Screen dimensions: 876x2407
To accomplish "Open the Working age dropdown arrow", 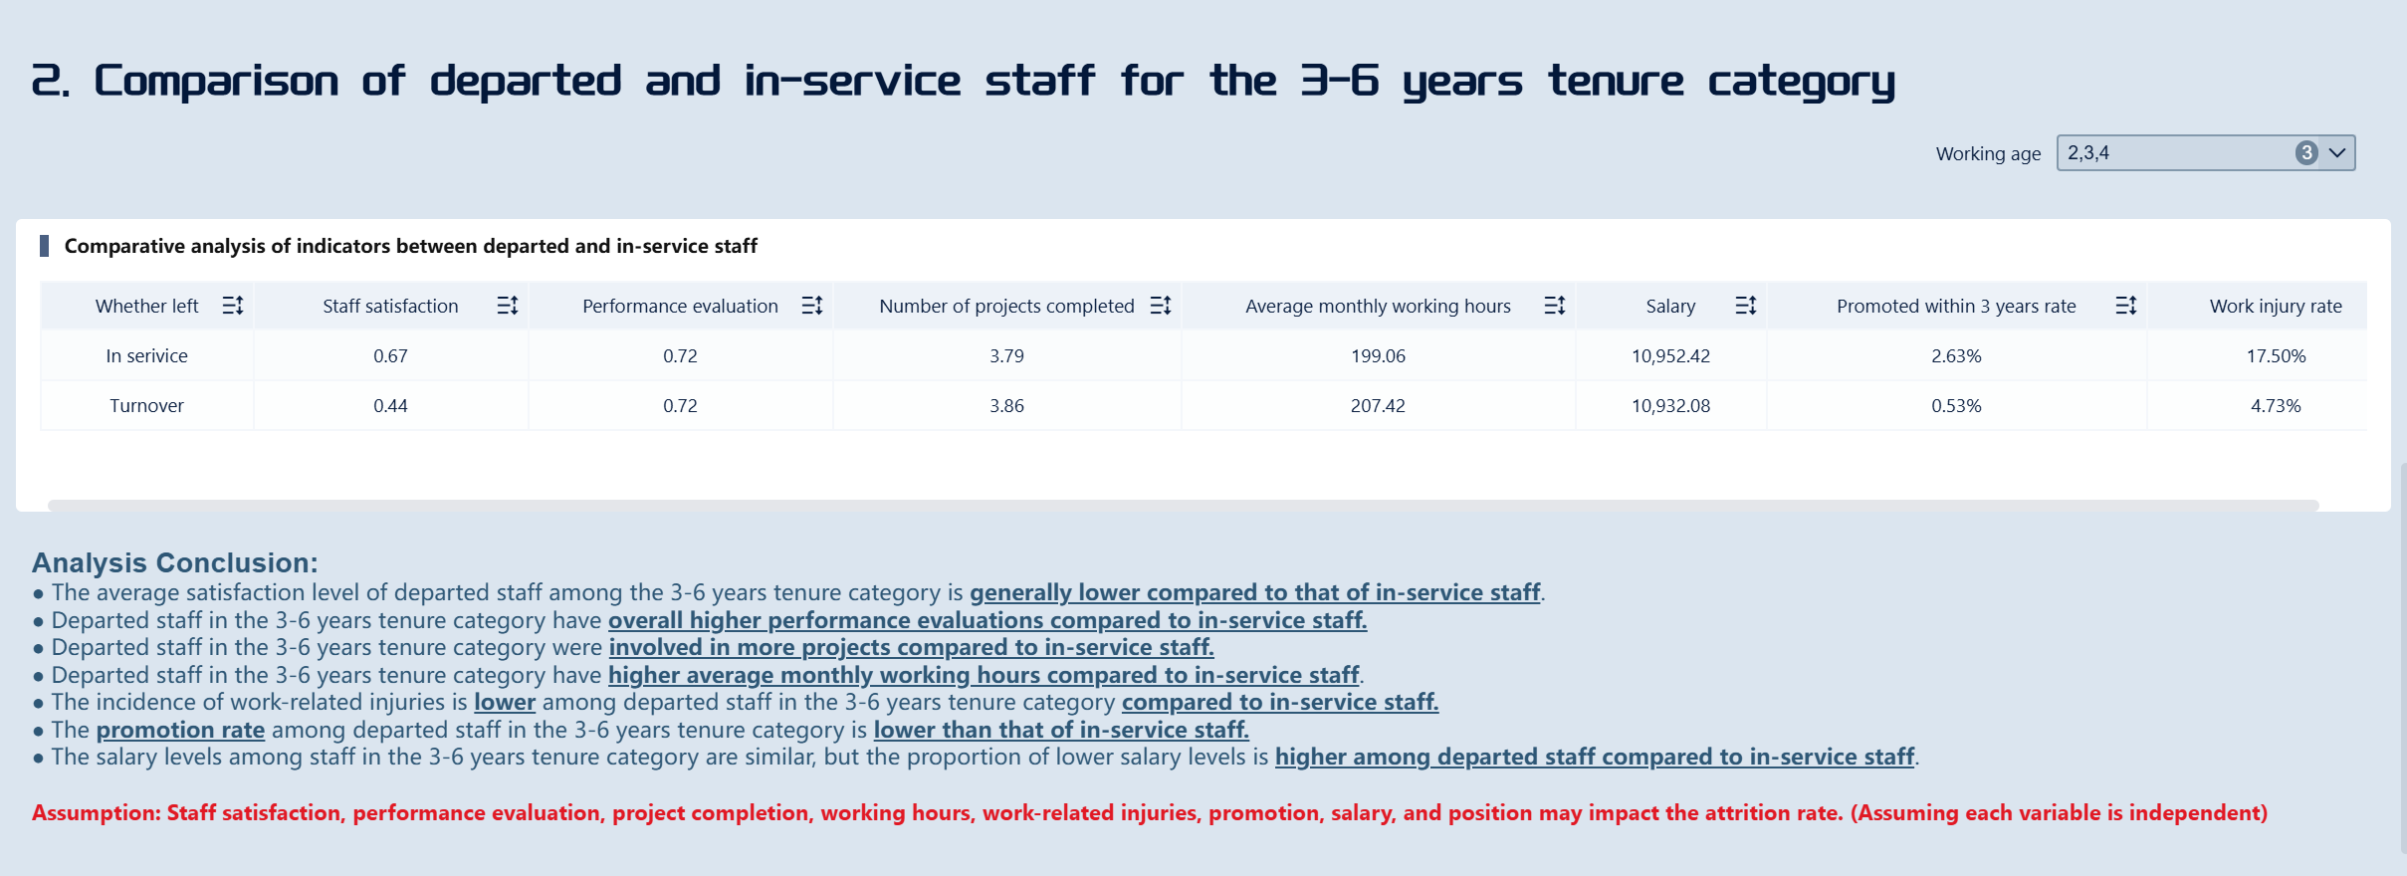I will [x=2337, y=153].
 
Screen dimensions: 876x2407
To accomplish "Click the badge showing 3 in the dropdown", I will [x=2305, y=153].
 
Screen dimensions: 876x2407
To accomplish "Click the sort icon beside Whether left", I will [x=233, y=306].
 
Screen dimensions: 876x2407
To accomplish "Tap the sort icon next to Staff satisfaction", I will [x=508, y=306].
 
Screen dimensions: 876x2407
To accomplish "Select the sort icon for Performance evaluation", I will [x=812, y=306].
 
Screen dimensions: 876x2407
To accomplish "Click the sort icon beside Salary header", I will [x=1746, y=306].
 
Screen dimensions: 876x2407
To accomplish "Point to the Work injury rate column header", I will [x=2275, y=307].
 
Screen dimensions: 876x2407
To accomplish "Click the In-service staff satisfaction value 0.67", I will [x=390, y=356].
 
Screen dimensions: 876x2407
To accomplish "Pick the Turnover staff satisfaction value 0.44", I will [x=390, y=406].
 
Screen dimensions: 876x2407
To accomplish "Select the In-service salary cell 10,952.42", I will [x=1670, y=356].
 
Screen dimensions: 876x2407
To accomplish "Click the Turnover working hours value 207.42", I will [x=1378, y=406].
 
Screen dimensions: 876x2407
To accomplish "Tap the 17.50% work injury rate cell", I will [x=2276, y=356].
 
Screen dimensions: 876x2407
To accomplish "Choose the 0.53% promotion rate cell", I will [x=1956, y=406].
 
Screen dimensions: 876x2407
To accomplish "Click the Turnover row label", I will [x=146, y=406].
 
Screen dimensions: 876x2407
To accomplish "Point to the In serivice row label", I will [x=146, y=356].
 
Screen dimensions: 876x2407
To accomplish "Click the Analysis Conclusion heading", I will [x=175, y=562].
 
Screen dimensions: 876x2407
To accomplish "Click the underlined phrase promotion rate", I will [x=180, y=730].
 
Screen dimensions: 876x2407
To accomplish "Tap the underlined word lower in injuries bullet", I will [x=505, y=702].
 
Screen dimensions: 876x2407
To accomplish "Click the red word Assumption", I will [x=96, y=812].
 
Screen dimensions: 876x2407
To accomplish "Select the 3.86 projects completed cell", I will [x=1006, y=406].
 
